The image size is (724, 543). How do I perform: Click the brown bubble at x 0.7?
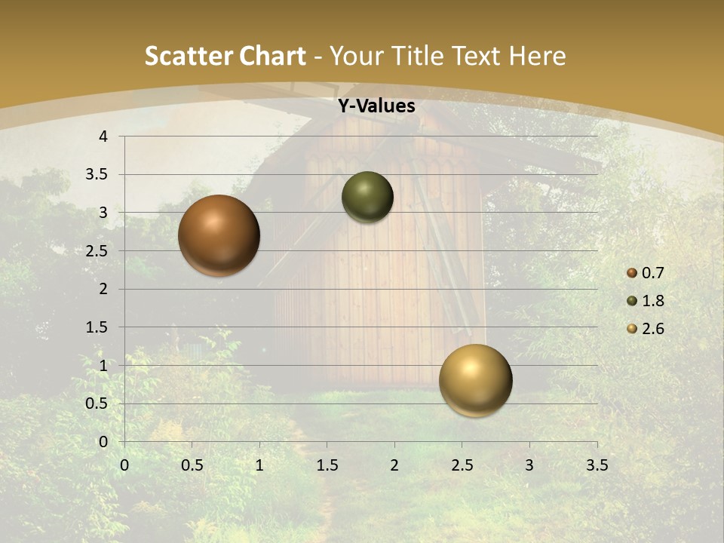point(219,235)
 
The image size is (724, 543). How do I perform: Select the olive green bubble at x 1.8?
point(367,197)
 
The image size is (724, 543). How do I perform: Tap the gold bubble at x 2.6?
point(475,380)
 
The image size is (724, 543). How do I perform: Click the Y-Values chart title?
point(376,106)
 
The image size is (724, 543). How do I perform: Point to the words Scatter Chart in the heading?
point(225,56)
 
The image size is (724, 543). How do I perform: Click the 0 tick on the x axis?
point(124,465)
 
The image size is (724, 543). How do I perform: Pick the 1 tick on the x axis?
point(259,465)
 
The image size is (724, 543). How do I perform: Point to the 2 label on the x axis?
point(394,465)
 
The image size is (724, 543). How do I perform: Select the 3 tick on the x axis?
point(529,465)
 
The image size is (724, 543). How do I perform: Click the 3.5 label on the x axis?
point(597,465)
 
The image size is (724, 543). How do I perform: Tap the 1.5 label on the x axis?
point(327,465)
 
